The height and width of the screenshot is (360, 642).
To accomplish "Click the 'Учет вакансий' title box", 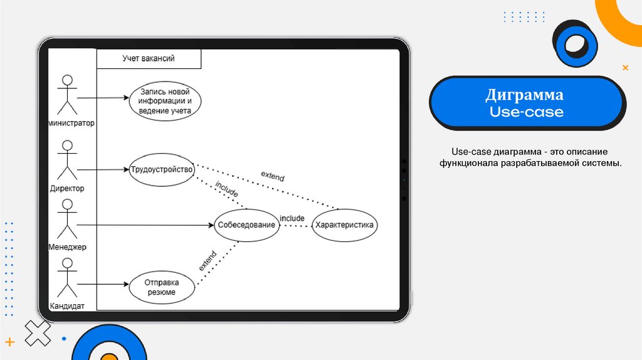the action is click(x=149, y=58).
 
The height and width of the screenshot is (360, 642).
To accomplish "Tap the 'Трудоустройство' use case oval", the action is click(x=162, y=169).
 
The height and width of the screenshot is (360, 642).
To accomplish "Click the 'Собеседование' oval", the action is click(x=246, y=225).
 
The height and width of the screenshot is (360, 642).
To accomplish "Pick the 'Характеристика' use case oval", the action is click(x=344, y=225).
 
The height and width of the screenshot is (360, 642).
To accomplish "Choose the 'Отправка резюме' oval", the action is click(x=161, y=287).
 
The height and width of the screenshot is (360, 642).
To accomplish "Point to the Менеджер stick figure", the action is click(x=66, y=220).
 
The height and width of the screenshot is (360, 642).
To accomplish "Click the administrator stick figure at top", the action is click(x=66, y=95).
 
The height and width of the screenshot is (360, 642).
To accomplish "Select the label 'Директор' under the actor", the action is click(x=67, y=188).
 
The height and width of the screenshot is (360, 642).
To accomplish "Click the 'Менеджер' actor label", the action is click(x=67, y=247).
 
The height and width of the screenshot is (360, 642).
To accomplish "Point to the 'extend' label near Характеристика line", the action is click(x=272, y=176).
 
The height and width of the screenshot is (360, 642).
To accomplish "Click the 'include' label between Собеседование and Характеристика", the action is click(x=292, y=218).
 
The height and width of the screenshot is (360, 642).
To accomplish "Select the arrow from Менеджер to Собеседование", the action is click(x=144, y=225).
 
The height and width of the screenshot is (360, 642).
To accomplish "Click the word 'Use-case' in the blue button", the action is click(x=526, y=113).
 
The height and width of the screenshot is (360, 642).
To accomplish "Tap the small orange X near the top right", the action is click(x=625, y=67).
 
